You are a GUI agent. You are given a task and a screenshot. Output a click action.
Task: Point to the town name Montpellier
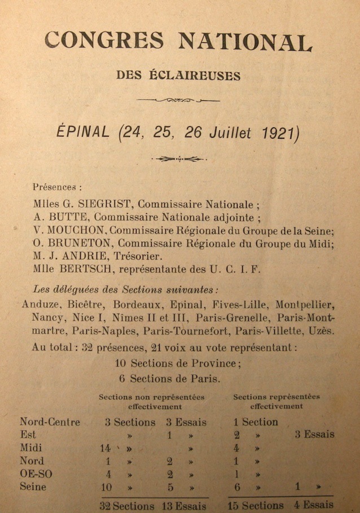[305, 305]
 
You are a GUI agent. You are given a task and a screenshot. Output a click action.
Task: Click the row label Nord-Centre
[50, 422]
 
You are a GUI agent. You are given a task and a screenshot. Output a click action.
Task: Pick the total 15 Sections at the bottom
[256, 506]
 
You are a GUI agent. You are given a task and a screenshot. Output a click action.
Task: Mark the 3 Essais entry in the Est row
[314, 435]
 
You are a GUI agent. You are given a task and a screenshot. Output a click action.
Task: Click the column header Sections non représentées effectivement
[152, 401]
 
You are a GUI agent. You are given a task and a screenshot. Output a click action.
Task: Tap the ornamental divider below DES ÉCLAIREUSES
[178, 100]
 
